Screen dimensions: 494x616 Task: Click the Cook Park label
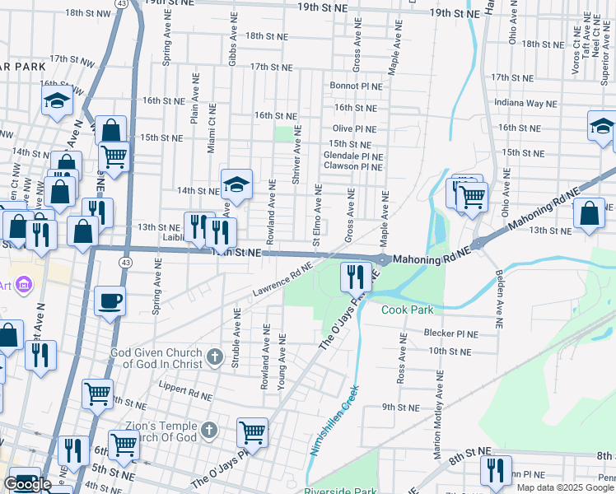(x=407, y=310)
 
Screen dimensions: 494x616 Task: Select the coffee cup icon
(x=110, y=301)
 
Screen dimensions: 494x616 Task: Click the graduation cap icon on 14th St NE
(x=236, y=184)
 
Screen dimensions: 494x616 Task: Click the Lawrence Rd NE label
(x=282, y=280)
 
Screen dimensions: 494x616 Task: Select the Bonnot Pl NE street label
(x=357, y=86)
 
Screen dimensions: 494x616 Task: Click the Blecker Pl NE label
(x=450, y=333)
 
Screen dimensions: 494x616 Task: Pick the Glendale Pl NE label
(x=353, y=156)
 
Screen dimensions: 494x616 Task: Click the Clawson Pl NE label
(x=353, y=166)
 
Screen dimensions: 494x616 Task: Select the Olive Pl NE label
(x=354, y=129)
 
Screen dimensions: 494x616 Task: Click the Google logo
(x=27, y=484)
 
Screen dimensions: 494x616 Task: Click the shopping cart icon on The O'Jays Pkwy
(x=251, y=431)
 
